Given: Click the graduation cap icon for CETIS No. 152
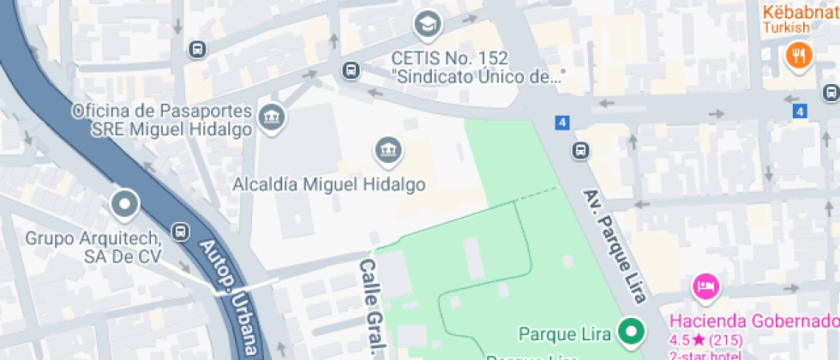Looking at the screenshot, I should point(427,24).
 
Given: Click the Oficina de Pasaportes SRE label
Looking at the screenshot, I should point(163,121).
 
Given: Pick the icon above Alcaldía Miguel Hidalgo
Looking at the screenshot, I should point(387,151).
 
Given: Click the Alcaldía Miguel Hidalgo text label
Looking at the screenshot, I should point(329,184).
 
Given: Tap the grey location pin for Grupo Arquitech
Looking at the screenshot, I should point(125,205).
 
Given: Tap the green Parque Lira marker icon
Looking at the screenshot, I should point(633,332).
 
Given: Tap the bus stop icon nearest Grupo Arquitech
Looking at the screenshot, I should point(180,231).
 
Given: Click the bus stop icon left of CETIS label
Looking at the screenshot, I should point(350,70).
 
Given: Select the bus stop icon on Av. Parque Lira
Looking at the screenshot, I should point(581,151).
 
